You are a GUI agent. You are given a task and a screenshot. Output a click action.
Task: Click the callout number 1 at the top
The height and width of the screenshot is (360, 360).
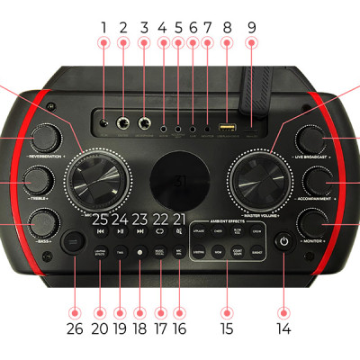[x=103, y=26]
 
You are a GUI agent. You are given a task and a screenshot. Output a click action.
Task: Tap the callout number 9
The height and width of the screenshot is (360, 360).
[x=251, y=26]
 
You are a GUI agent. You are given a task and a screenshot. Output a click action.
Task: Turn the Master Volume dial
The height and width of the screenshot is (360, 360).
[x=262, y=178]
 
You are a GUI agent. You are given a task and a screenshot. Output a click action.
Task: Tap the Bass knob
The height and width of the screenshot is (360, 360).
[x=41, y=221]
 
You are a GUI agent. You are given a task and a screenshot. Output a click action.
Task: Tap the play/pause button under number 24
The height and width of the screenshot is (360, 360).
[x=121, y=231]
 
